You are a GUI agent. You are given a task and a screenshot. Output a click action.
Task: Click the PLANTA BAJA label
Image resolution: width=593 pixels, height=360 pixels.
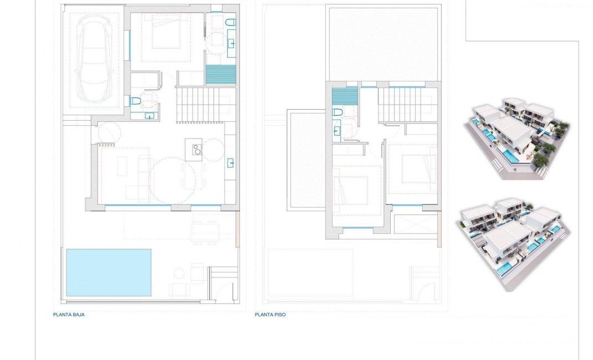tap(69, 314)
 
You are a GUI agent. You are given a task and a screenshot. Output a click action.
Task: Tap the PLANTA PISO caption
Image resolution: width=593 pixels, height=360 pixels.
tap(270, 314)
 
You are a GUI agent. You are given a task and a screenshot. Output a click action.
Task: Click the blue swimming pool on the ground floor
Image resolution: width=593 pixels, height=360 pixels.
tap(109, 272)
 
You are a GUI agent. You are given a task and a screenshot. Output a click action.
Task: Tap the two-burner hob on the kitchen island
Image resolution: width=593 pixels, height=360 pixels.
tap(196, 148)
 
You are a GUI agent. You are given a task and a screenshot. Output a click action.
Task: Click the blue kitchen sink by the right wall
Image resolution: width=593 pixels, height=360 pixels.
tap(231, 163)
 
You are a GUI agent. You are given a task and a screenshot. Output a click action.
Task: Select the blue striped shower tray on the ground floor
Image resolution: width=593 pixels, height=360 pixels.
tap(221, 74)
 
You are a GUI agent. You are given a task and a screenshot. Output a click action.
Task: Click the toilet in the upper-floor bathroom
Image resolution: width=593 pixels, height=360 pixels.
tap(337, 112)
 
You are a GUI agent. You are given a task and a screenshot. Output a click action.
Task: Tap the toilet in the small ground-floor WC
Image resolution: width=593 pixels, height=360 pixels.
tap(134, 101)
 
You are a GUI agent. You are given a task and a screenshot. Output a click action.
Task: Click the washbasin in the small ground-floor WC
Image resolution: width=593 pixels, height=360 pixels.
tap(149, 116)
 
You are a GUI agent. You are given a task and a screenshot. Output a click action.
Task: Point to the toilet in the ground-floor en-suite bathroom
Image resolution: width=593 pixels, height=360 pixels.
tap(231, 22)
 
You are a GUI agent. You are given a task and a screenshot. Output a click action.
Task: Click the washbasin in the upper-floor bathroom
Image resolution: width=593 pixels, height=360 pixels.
tap(337, 131)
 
